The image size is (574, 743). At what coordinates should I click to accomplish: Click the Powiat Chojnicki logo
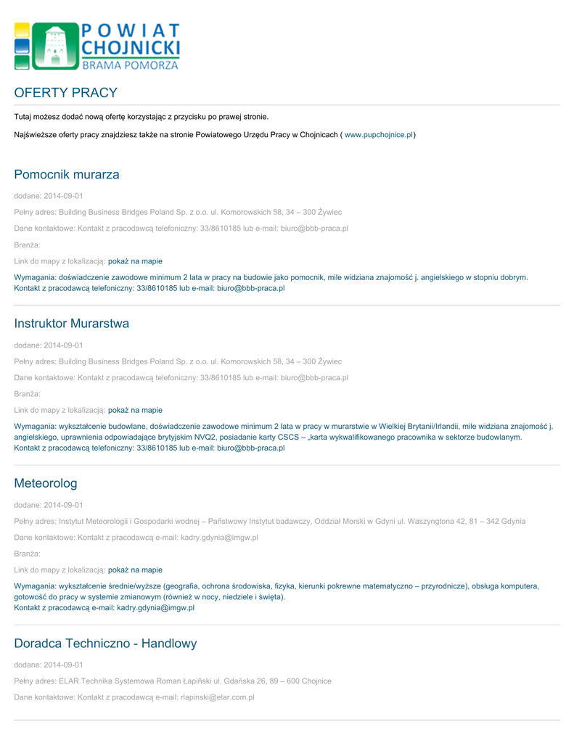click(97, 46)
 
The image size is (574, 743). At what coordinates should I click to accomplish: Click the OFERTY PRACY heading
click(65, 93)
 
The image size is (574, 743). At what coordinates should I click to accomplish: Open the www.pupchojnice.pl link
click(378, 135)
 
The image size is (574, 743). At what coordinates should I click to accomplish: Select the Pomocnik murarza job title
click(67, 175)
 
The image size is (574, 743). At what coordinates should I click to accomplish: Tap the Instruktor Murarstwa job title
click(72, 324)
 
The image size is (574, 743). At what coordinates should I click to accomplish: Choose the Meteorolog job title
click(46, 483)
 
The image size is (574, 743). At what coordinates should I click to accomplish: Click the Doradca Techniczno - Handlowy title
click(105, 644)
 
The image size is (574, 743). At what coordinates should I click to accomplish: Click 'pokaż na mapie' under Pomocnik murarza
click(135, 261)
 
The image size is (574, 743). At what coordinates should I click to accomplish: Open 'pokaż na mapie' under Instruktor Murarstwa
click(135, 410)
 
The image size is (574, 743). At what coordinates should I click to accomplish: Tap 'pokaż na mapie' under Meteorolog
click(135, 570)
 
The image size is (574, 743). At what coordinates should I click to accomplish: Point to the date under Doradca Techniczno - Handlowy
click(63, 665)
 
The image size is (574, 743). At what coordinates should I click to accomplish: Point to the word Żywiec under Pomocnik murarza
click(329, 212)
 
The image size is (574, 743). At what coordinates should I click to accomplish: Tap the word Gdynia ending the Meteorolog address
click(512, 521)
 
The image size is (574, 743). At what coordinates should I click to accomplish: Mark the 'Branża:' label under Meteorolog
click(28, 554)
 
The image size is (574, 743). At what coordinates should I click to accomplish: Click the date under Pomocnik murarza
click(63, 196)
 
